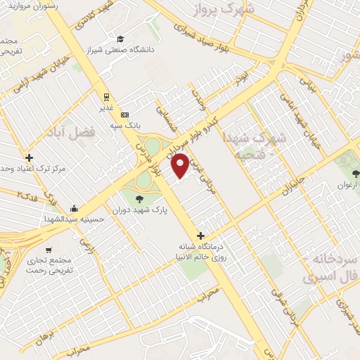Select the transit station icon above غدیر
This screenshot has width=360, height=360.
[x=106, y=97]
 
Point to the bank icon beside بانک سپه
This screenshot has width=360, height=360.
[x=125, y=114]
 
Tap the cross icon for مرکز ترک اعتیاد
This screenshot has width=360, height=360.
[x=29, y=157]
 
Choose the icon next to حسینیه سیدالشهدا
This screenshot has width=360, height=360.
[x=75, y=209]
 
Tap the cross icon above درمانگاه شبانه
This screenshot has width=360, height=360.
[x=201, y=236]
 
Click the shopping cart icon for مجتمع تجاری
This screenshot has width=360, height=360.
[x=48, y=250]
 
